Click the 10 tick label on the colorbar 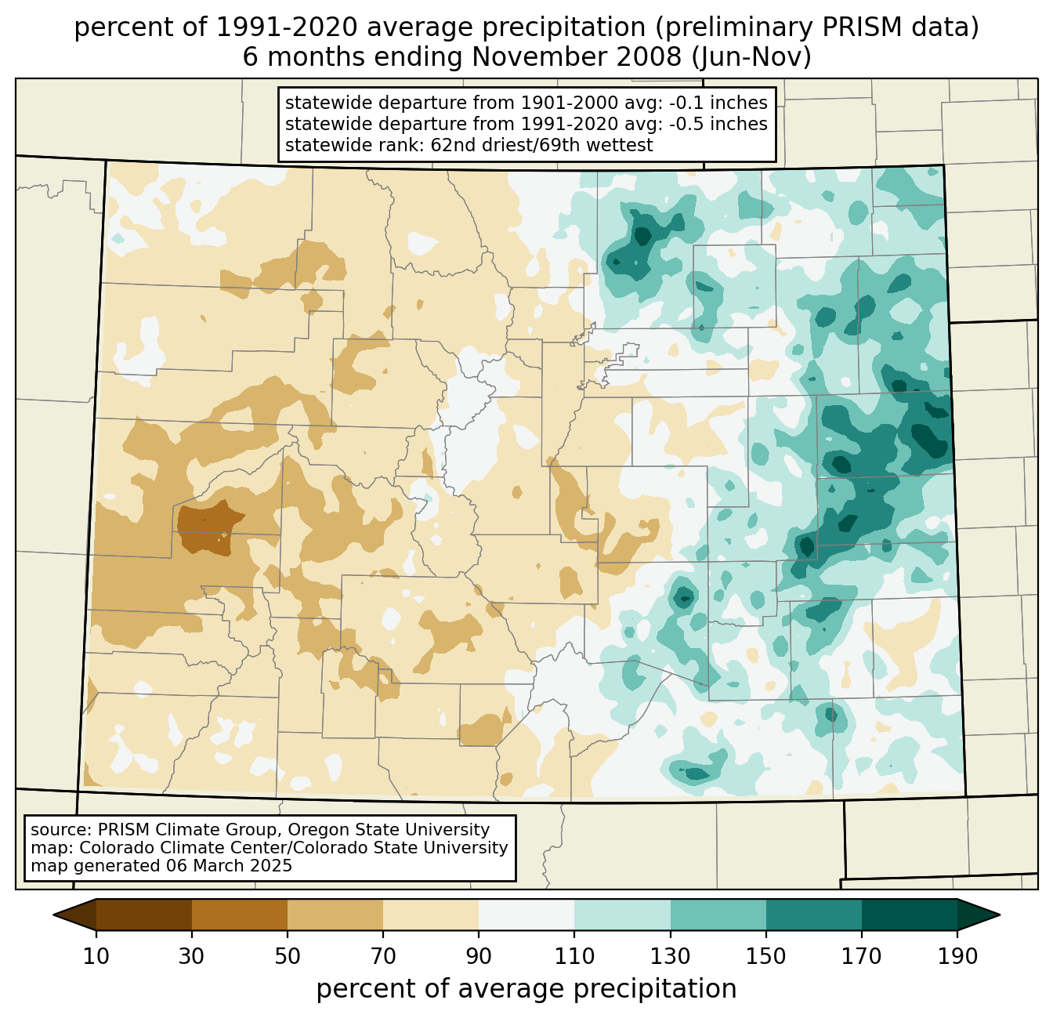click(x=96, y=956)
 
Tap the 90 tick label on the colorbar click(x=479, y=956)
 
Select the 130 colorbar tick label click(x=670, y=956)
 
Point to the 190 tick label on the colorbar click(x=957, y=956)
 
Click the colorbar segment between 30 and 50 click(x=239, y=915)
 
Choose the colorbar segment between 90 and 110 click(x=526, y=915)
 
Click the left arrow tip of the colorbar click(x=53, y=915)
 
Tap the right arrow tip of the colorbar click(x=1000, y=915)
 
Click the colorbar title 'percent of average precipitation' click(x=526, y=989)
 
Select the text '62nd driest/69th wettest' click(x=542, y=145)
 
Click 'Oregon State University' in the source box click(x=389, y=830)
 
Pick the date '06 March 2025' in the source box click(x=230, y=866)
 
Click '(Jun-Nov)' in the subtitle click(x=752, y=57)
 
